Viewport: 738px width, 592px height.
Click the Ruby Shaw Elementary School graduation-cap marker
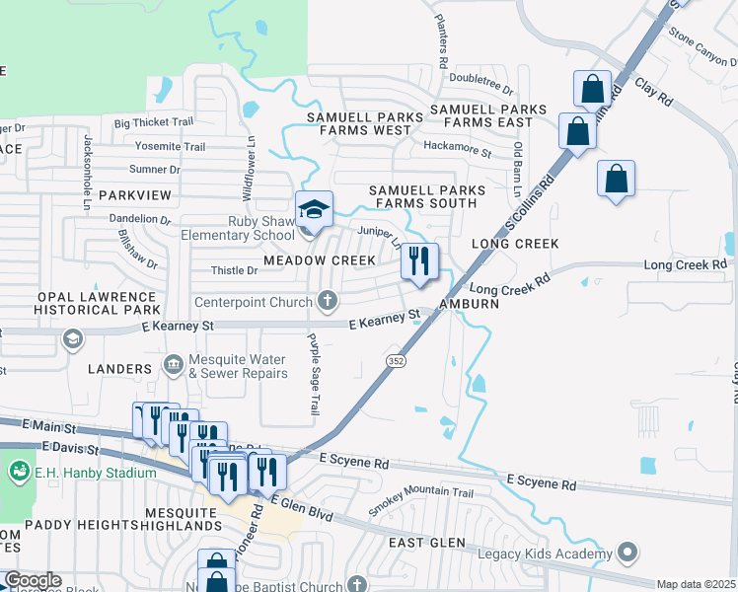(315, 210)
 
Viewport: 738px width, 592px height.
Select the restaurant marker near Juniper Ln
(418, 262)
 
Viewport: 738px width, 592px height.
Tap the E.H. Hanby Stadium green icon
(19, 473)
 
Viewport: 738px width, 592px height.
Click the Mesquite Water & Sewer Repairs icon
(174, 366)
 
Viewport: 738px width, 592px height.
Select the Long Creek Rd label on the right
(685, 265)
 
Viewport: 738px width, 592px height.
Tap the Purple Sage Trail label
(314, 373)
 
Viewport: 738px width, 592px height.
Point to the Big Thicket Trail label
(154, 123)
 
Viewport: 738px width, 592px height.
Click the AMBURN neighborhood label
(468, 304)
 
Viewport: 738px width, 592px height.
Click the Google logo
(32, 580)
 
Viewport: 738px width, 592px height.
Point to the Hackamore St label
(457, 149)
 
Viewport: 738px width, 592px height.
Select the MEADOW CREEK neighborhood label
(320, 260)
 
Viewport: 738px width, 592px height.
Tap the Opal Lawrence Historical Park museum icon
(71, 339)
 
